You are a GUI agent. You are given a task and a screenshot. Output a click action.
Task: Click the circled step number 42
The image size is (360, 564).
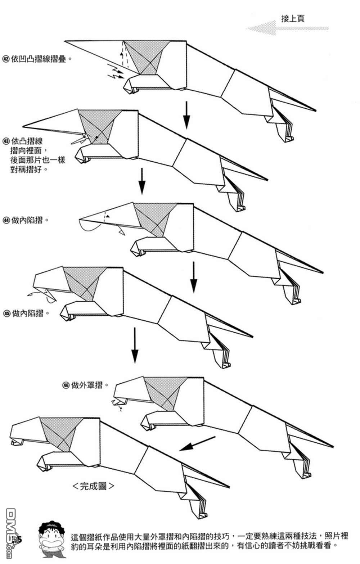pos(6,59)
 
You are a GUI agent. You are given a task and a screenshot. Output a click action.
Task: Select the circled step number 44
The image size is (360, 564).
pos(6,220)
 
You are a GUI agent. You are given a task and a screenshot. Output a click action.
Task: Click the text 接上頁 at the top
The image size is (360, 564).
pos(293,19)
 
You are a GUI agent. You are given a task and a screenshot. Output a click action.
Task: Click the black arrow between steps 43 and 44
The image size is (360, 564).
pos(142,181)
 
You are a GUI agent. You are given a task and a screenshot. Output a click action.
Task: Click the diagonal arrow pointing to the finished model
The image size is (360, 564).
pos(197,443)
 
